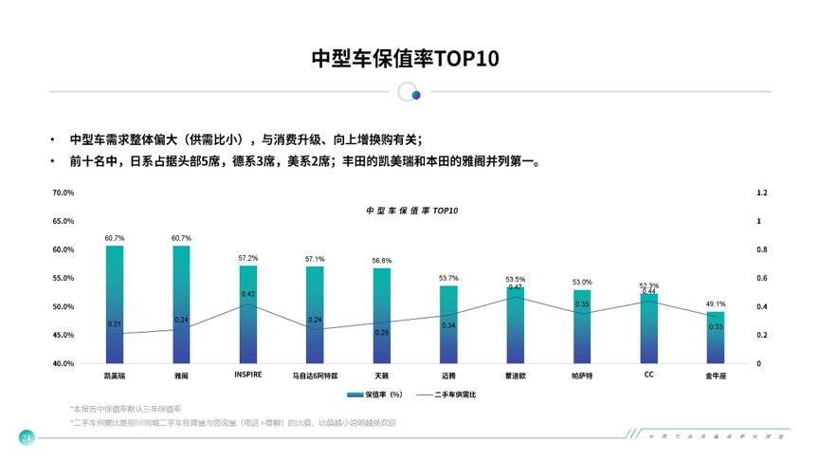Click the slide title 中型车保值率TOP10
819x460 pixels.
pos(405,59)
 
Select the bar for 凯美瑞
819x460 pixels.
pos(115,304)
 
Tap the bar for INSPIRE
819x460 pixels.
pos(248,313)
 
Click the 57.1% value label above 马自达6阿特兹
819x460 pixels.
pos(315,259)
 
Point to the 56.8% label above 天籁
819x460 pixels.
pos(382,261)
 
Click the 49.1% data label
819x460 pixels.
pos(716,304)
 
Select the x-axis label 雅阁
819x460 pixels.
pos(181,376)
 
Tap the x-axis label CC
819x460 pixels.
pos(648,375)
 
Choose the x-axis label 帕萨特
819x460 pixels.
pos(582,376)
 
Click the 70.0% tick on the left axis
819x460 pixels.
pos(64,193)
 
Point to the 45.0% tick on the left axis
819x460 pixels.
pos(64,335)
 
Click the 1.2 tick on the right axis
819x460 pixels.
pos(761,193)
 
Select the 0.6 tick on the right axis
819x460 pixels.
pos(761,278)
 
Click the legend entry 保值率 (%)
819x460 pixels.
pos(375,394)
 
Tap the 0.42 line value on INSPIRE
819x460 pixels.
pos(248,294)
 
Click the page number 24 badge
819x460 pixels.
pos(27,437)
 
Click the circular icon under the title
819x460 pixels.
pos(409,92)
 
